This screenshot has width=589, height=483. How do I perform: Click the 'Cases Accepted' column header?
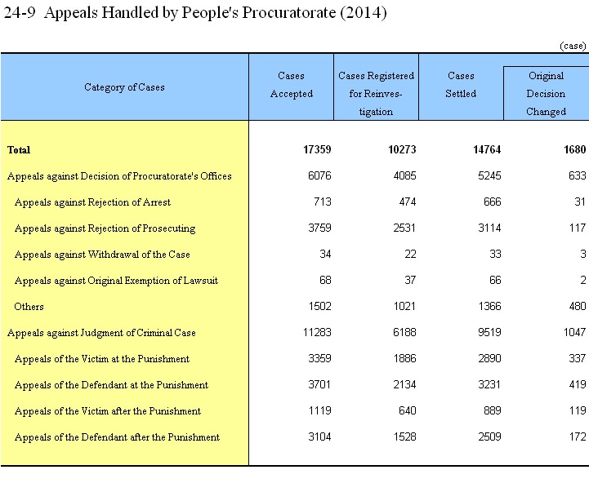291,85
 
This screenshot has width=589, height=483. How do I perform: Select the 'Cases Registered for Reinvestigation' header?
376,94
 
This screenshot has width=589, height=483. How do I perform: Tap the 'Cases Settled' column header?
461,85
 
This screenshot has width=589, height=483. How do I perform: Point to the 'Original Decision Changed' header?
547,94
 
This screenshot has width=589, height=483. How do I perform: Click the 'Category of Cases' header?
124,87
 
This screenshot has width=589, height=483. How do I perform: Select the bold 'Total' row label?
19,150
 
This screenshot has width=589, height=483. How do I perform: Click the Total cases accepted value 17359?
317,150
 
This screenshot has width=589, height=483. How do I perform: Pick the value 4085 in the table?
404,175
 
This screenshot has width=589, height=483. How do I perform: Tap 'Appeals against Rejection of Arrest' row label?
92,202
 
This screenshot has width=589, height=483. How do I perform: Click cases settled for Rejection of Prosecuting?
489,228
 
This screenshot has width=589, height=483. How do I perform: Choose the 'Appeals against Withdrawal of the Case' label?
102,255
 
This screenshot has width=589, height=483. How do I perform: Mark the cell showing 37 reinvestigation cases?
410,280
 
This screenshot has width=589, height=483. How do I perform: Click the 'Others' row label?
29,307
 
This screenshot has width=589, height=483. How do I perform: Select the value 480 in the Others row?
578,306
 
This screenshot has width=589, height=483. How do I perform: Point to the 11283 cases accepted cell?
317,332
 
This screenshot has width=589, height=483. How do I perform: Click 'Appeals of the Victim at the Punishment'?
102,359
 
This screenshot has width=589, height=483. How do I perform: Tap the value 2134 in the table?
404,384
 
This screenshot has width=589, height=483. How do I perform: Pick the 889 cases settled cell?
492,410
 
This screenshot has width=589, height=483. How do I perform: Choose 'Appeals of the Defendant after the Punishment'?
117,437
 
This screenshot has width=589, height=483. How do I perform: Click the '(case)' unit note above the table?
573,46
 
